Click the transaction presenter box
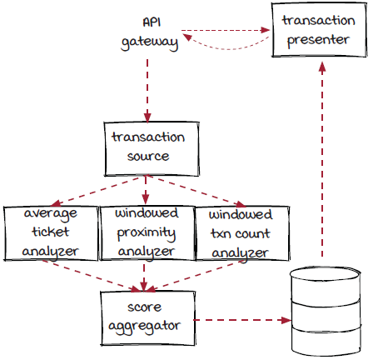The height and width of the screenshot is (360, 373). pos(319,30)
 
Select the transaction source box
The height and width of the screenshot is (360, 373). pos(152,149)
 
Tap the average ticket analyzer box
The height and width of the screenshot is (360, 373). pos(51,233)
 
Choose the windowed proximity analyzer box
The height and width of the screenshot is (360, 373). pos(147,233)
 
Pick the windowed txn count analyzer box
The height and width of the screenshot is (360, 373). pos(242,233)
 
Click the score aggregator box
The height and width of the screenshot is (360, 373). pos(148,318)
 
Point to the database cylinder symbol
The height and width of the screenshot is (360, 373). pos(326,310)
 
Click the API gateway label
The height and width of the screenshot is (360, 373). pos(150,34)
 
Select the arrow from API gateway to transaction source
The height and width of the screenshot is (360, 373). pos(147,91)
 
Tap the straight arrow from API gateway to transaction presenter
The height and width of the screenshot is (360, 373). pos(226,30)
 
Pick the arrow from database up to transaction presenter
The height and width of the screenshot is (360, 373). pos(322,159)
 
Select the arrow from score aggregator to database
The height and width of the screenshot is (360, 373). pos(242,320)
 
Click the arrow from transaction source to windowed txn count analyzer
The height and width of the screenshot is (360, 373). pos(196,191)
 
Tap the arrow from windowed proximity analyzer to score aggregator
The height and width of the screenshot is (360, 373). pos(143,276)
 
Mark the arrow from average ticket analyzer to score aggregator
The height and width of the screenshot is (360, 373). pos(92,276)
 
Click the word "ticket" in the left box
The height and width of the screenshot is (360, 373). pos(51,232)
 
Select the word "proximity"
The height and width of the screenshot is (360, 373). pos(147,233)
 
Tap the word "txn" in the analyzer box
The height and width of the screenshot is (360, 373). pos(220,234)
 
